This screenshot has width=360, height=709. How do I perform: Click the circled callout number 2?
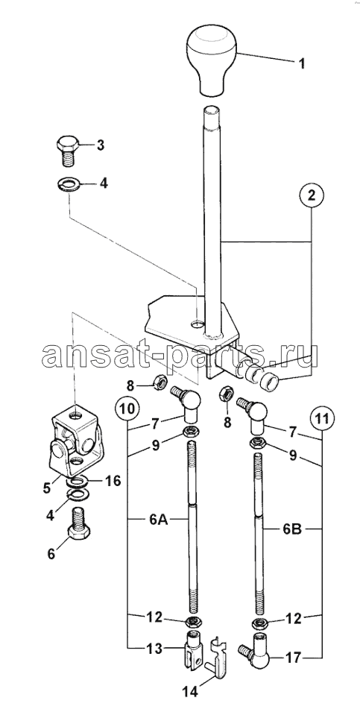tap(311, 196)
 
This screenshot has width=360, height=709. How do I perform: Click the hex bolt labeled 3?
tap(68, 151)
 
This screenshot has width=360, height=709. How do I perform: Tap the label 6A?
tap(157, 520)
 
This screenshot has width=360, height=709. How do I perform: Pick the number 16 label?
tap(113, 480)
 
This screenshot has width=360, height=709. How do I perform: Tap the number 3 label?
tap(100, 145)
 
